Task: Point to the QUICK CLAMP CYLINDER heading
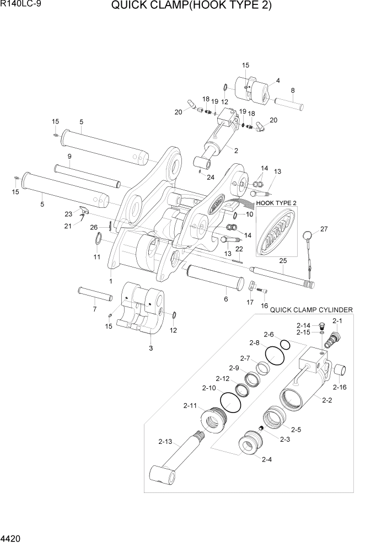311,310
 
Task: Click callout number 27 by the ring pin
324,229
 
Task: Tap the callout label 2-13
165,442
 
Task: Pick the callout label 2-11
190,406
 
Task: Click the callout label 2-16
340,388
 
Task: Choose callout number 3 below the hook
150,348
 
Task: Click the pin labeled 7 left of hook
95,294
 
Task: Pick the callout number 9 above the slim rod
70,156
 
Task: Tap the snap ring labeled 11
98,240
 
